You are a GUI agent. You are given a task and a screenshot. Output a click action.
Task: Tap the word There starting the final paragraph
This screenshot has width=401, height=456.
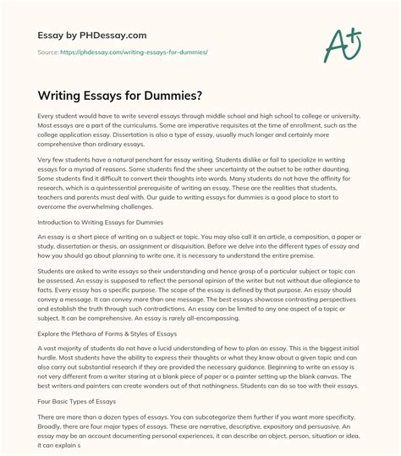pos(41,420)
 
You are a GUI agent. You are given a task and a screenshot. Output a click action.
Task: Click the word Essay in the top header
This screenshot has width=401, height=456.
pos(40,38)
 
